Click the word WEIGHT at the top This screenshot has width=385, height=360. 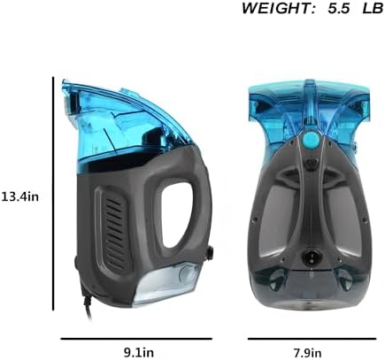point(278,8)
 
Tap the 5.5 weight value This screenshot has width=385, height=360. point(338,8)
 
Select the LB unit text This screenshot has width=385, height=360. point(373,8)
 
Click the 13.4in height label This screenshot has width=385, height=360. point(20,196)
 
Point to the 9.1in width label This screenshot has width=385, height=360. point(139,352)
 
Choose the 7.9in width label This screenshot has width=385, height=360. point(307,352)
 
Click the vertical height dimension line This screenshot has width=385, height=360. point(53,194)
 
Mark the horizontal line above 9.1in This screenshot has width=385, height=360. point(136,339)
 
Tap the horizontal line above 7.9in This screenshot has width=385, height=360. point(312,339)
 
